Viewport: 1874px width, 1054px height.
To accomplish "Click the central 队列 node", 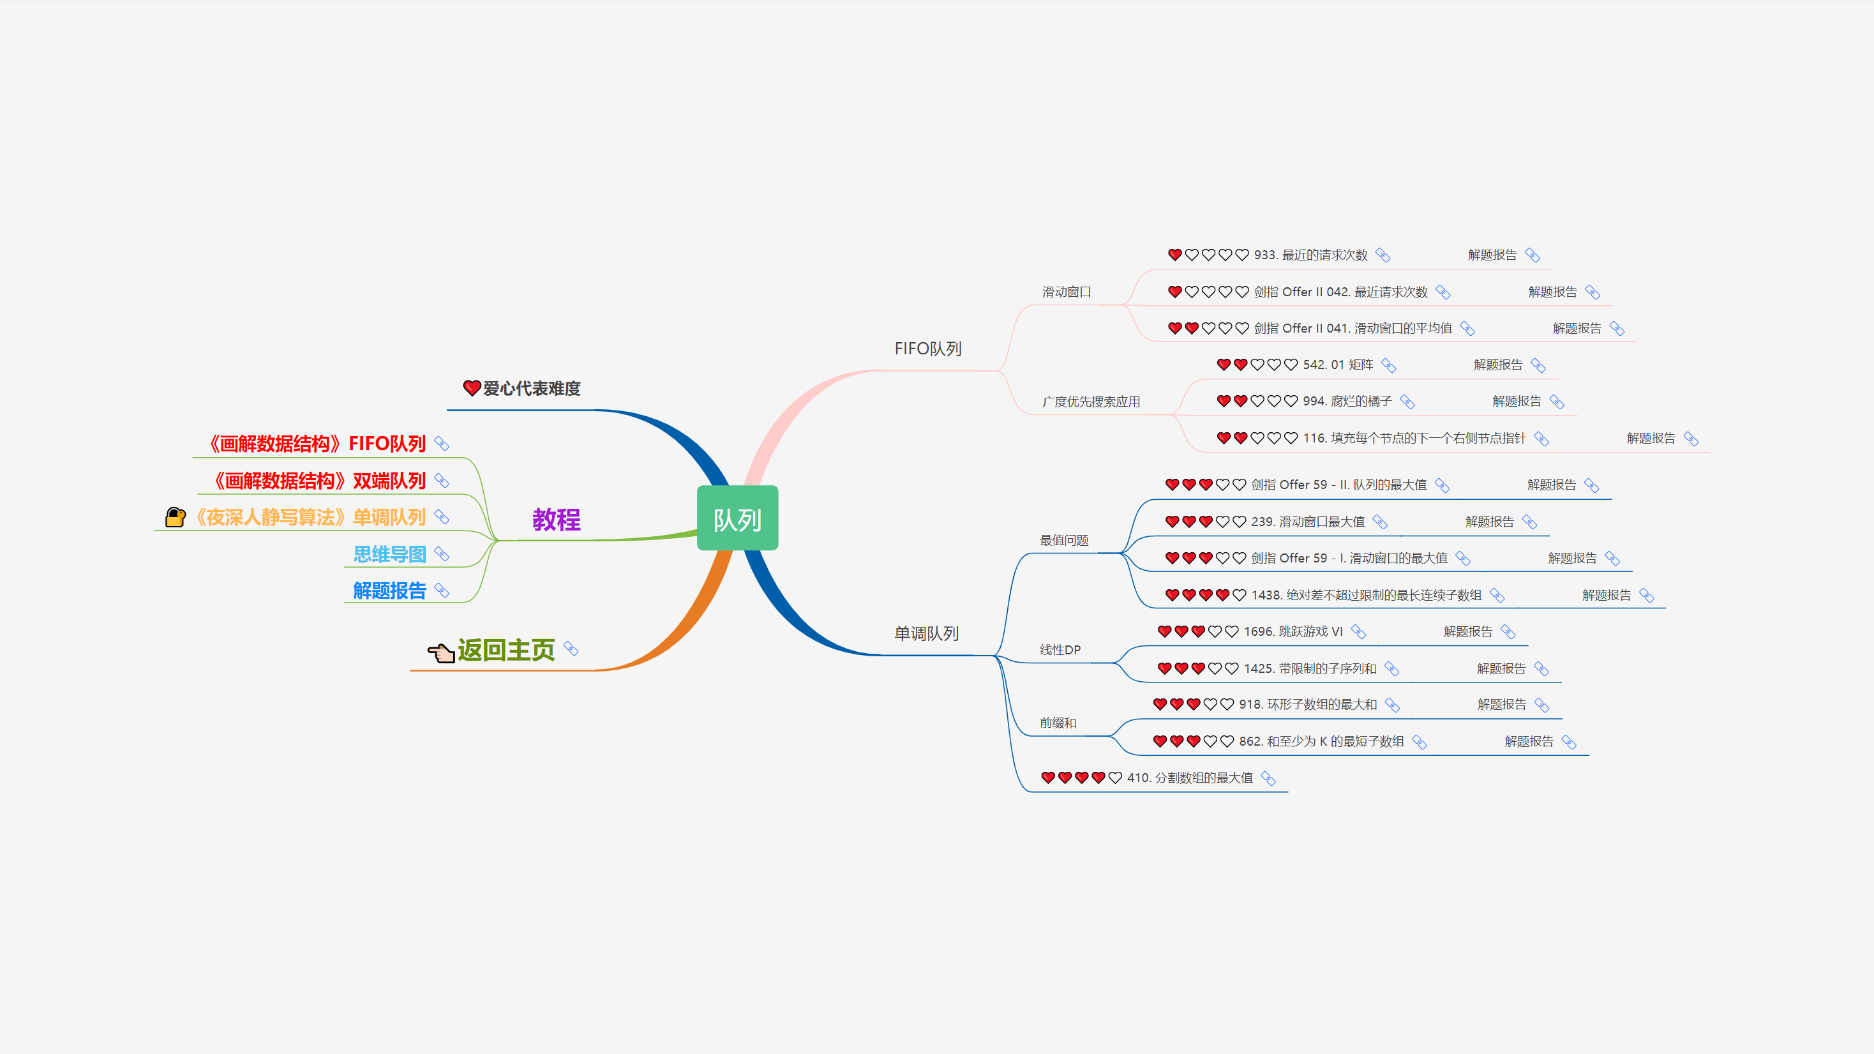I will coord(737,518).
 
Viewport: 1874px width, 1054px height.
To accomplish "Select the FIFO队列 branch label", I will coord(927,349).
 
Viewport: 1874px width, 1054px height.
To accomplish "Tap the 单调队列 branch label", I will coord(926,633).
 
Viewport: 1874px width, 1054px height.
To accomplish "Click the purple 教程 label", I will coord(557,520).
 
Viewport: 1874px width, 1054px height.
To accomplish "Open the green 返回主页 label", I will coord(506,649).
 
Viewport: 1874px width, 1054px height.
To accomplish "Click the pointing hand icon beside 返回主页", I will coord(441,652).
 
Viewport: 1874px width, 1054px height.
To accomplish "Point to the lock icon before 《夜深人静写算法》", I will coord(176,517).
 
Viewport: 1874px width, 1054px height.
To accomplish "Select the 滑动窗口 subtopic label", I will coord(1067,292).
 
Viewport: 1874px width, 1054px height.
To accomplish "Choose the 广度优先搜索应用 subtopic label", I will coord(1090,402).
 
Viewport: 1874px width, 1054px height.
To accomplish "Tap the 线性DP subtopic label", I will coord(1060,649).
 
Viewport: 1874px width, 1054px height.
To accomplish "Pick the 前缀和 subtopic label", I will coord(1058,723).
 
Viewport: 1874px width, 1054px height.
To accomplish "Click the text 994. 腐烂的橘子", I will coord(1347,402).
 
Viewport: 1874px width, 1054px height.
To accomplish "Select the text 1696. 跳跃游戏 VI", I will coord(1293,631).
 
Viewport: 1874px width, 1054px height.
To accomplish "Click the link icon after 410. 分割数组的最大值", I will coord(1268,778).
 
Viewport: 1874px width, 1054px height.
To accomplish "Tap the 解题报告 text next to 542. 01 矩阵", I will coord(1497,365).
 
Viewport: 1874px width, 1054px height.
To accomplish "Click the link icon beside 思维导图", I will coord(442,554).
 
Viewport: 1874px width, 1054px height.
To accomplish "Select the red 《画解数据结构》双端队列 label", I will coord(319,481).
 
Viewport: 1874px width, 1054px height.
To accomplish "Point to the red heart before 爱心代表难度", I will coord(472,388).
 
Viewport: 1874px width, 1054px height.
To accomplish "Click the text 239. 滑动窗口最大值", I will coord(1307,522).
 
